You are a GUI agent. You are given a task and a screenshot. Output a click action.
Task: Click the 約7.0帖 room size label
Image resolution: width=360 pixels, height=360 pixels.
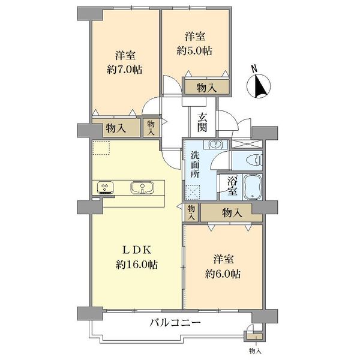coord(124,70)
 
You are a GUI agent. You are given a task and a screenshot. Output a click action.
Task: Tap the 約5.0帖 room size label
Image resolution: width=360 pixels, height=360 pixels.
coord(194,51)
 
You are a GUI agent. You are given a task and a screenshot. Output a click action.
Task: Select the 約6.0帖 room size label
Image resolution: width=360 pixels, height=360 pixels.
coord(223,274)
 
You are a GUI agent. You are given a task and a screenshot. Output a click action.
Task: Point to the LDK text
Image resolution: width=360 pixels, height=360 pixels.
coord(137,250)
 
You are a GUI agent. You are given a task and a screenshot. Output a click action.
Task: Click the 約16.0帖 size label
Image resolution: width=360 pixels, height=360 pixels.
coord(137,265)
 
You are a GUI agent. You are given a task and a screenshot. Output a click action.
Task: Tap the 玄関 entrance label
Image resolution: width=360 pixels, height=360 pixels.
coord(202,125)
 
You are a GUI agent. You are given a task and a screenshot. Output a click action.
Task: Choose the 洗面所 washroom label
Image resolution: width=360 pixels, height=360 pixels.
coord(196,165)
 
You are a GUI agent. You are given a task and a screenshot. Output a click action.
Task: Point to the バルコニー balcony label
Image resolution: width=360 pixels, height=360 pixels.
coord(175,323)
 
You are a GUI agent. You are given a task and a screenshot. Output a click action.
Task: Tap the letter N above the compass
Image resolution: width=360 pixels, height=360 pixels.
coord(254,68)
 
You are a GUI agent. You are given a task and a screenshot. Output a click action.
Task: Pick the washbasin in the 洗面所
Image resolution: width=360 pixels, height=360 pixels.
coord(215,144)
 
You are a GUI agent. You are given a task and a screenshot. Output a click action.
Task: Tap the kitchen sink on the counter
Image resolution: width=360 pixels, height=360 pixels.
coord(142,188)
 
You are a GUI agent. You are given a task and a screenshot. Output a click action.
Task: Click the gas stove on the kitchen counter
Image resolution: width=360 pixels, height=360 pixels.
coord(105,187)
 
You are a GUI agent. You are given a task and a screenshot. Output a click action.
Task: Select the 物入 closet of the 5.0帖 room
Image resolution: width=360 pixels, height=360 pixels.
coord(207,87)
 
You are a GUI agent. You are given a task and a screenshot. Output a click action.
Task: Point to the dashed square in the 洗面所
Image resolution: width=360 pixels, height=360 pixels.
coord(193,193)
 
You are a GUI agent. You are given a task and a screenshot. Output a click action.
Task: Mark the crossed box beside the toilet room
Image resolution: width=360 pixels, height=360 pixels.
coord(247,143)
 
